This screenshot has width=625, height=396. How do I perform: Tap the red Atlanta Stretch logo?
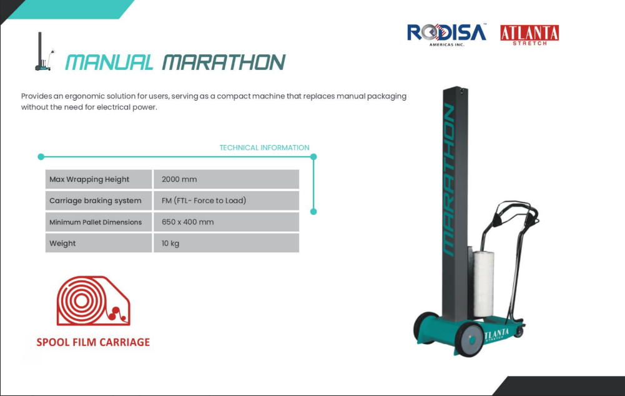[x=529, y=35]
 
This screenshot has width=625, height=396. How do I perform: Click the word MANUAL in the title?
[x=109, y=62]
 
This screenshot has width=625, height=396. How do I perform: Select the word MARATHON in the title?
[x=224, y=62]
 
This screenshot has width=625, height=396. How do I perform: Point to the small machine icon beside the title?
[x=44, y=51]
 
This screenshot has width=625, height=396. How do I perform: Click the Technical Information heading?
[x=264, y=147]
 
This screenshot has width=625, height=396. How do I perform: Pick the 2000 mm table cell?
[x=227, y=179]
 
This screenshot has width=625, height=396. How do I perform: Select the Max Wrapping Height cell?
[x=99, y=179]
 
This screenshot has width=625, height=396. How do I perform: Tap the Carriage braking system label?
[x=96, y=200]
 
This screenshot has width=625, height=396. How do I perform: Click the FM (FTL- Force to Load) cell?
[x=227, y=200]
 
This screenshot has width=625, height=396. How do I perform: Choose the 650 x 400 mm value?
[x=188, y=222]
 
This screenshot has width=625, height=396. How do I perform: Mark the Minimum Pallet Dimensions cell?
[x=99, y=222]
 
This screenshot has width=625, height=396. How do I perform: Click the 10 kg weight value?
[x=170, y=243]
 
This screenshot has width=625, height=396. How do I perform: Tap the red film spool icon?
[x=93, y=300]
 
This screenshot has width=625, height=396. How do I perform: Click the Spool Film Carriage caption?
[x=93, y=342]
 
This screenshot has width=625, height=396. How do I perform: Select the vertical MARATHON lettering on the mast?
[x=449, y=179]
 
